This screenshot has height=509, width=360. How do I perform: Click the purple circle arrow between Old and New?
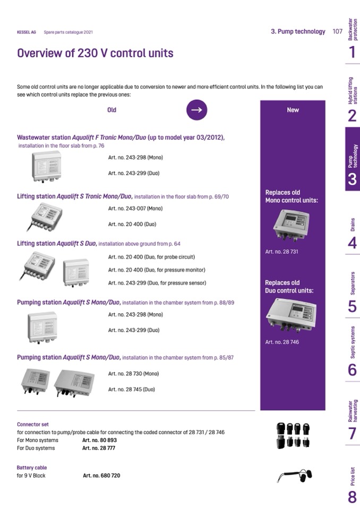pyautogui.click(x=196, y=110)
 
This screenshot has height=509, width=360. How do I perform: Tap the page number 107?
pyautogui.click(x=337, y=31)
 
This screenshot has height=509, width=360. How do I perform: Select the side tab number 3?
pyautogui.click(x=353, y=179)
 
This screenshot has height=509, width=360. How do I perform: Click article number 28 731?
pyautogui.click(x=281, y=252)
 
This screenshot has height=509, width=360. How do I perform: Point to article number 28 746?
pyautogui.click(x=281, y=342)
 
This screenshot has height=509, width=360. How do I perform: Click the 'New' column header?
pyautogui.click(x=293, y=110)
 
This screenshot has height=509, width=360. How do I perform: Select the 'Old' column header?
pyautogui.click(x=112, y=110)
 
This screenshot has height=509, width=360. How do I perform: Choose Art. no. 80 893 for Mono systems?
pyautogui.click(x=99, y=441)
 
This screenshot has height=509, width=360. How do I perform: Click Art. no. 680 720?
pyautogui.click(x=101, y=476)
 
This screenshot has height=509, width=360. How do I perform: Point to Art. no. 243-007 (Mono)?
pyautogui.click(x=135, y=209)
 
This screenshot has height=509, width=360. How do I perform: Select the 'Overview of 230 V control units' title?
pyautogui.click(x=95, y=54)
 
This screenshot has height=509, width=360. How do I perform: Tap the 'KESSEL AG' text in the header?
pyautogui.click(x=27, y=32)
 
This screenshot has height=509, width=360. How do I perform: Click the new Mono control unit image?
pyautogui.click(x=291, y=225)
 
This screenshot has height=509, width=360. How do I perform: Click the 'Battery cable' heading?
pyautogui.click(x=32, y=468)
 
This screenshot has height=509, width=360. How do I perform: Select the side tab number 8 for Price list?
pyautogui.click(x=353, y=496)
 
